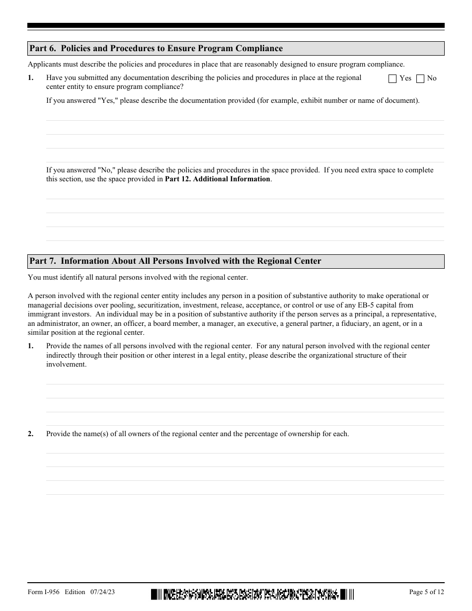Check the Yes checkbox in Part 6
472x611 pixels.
(392, 78)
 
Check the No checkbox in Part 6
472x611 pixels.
(420, 78)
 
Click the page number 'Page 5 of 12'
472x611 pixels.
(426, 592)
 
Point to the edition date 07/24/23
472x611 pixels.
(103, 592)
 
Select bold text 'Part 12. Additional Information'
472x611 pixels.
(218, 179)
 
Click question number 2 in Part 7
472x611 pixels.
(30, 434)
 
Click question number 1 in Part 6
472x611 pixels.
(30, 78)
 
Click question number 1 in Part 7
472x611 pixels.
(30, 346)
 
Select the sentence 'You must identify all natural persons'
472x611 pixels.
(138, 277)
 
